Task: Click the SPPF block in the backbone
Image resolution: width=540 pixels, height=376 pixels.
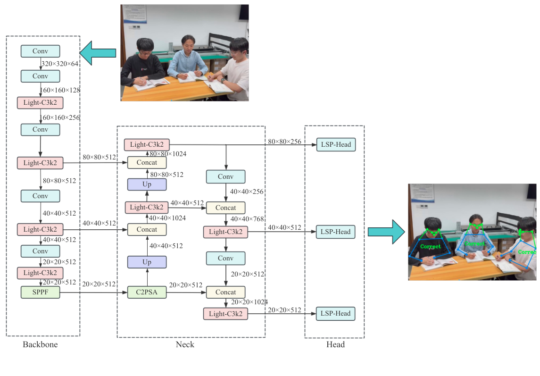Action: pos(40,292)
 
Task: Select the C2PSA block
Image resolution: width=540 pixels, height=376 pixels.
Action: pos(147,292)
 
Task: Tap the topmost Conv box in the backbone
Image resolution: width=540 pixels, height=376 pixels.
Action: pos(40,51)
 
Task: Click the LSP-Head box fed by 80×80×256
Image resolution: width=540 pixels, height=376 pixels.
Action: pos(336,145)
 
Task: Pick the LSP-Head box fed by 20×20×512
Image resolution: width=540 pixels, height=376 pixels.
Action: pos(336,314)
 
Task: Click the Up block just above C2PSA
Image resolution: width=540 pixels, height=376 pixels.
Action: pos(147,262)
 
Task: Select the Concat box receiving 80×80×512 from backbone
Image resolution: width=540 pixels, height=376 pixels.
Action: pos(147,163)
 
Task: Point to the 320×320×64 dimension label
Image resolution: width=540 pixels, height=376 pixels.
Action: pos(60,64)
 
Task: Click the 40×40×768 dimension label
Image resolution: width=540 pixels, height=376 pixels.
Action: pos(247,219)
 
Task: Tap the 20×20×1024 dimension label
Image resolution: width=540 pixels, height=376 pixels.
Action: pos(249,302)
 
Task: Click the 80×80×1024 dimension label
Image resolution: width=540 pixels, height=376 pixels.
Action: pos(168,154)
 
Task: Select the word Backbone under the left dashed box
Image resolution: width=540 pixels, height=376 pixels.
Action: pos(40,344)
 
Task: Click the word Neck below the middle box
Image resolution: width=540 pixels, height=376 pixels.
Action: pos(185,344)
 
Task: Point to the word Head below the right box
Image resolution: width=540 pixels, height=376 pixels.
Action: pos(335,344)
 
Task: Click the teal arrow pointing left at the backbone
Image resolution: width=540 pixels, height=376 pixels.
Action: pos(98,52)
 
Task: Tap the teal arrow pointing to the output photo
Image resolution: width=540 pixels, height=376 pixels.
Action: pos(386,232)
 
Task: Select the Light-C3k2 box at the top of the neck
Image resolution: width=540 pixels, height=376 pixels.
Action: pos(147,145)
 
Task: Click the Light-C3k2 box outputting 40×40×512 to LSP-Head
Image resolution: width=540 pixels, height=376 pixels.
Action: pos(225,232)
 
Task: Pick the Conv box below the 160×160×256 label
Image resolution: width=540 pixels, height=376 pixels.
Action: pos(40,130)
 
